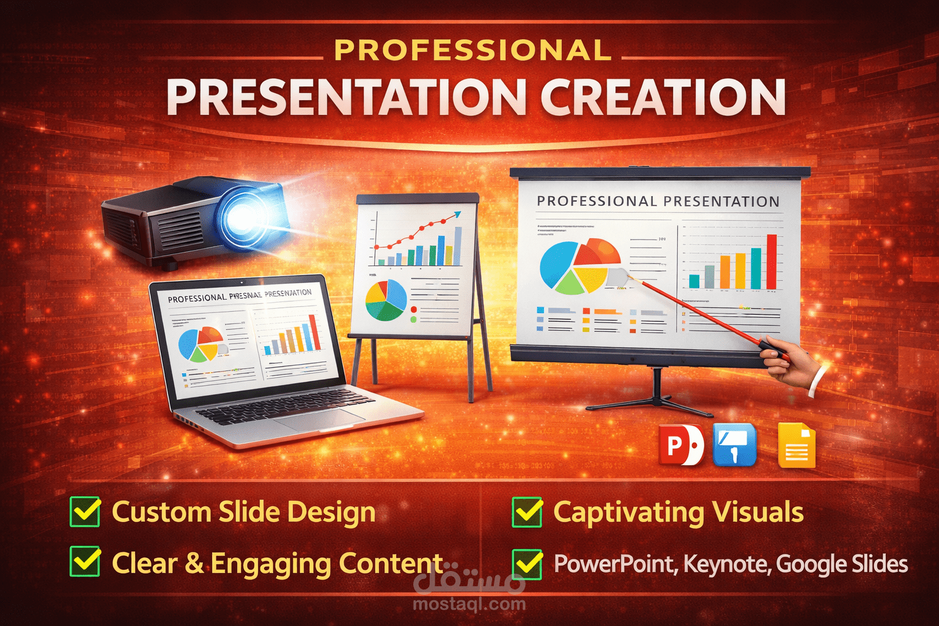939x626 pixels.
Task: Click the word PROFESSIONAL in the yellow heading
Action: (x=473, y=51)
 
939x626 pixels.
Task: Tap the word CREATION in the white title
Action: (x=663, y=98)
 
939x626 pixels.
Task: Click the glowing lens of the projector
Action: (x=243, y=216)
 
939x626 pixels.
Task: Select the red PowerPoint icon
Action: (x=680, y=445)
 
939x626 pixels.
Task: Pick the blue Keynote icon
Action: (x=734, y=445)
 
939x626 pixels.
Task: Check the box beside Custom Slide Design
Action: (x=85, y=511)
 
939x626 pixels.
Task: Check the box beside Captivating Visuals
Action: (x=527, y=512)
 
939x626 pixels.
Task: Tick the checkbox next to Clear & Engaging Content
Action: (x=85, y=561)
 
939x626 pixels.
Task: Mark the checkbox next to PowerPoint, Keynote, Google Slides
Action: (x=527, y=564)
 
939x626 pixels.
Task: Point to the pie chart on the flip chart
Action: (x=386, y=300)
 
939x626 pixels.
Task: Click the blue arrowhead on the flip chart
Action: (x=456, y=215)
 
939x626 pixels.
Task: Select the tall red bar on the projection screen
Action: (x=771, y=262)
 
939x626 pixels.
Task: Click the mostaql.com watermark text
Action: (x=469, y=604)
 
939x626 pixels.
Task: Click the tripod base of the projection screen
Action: (x=657, y=400)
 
